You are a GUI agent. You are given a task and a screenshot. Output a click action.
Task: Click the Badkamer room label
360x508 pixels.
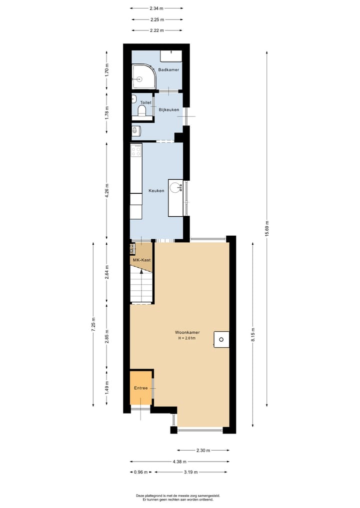[x=168, y=70]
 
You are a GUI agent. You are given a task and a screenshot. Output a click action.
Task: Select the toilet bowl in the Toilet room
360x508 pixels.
[x=141, y=111]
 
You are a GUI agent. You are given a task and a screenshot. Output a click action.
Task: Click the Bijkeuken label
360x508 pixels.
[x=169, y=109]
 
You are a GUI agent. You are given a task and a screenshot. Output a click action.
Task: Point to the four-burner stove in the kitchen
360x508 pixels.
[x=136, y=150]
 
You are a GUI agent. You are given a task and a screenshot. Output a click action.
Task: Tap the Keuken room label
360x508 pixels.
[x=156, y=191]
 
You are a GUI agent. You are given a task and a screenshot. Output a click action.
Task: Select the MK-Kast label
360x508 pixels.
[x=141, y=260]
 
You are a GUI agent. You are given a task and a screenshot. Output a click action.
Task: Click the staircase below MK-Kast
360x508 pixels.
[x=140, y=285]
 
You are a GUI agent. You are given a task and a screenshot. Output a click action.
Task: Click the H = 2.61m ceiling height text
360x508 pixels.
[x=186, y=338]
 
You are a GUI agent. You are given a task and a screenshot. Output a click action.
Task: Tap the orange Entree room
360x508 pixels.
[x=141, y=388]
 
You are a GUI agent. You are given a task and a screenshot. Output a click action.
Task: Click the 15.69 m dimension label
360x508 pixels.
[x=267, y=229]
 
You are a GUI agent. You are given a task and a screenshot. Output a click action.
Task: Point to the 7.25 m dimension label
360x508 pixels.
[x=93, y=324]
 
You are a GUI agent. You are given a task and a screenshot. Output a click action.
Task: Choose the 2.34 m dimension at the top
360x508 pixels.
[x=156, y=8]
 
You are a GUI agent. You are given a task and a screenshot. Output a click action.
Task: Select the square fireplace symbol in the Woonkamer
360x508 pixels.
[x=221, y=340]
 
